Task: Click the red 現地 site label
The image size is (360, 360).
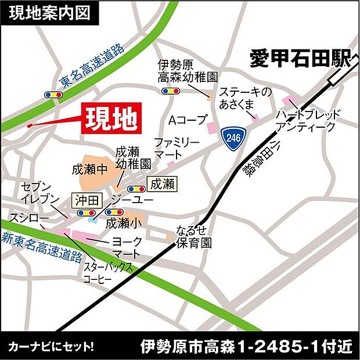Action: point(111,119)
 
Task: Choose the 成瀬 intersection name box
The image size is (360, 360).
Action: point(161,185)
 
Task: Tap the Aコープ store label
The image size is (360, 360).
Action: point(188,121)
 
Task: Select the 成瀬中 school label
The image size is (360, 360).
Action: point(89,170)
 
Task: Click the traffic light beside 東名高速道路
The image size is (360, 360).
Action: point(53,94)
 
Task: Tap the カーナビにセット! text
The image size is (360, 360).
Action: point(51,347)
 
